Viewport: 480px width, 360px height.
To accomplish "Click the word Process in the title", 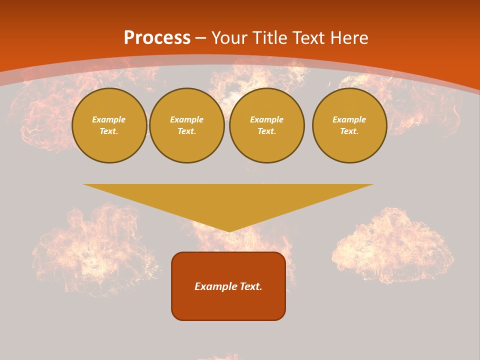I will point(157,38).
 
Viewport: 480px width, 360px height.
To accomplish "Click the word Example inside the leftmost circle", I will point(109,119).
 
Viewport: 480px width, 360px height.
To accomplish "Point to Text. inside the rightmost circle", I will point(349,131).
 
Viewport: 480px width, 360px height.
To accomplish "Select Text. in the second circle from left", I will point(187,131).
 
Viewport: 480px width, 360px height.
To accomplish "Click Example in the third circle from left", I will point(266,119).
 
